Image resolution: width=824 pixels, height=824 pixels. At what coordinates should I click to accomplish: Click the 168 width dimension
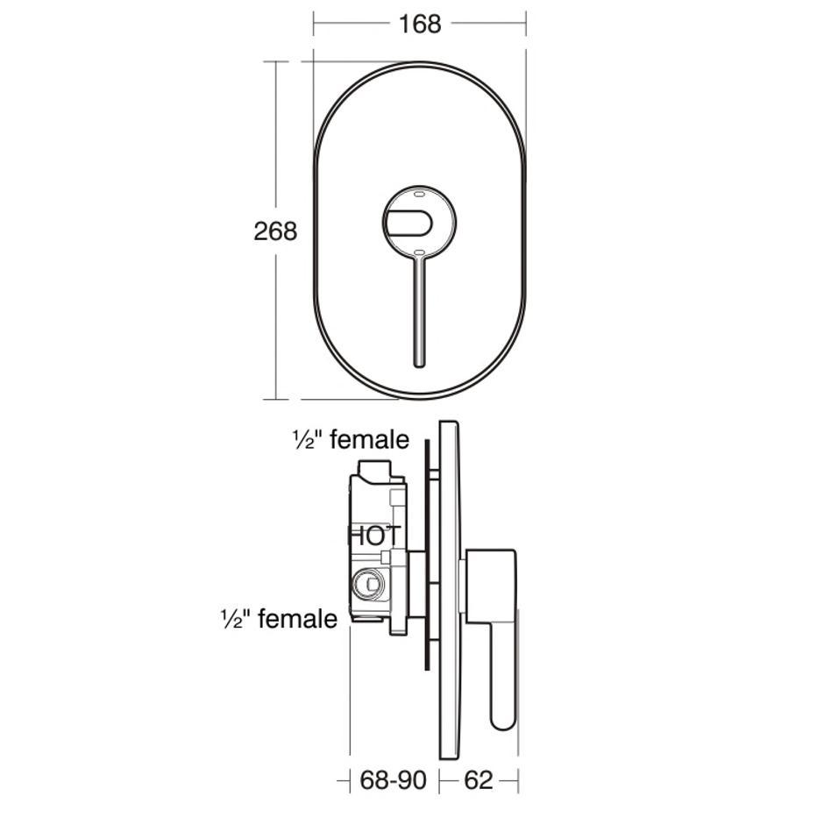tap(420, 25)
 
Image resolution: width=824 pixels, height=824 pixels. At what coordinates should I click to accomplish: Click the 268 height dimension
tap(275, 231)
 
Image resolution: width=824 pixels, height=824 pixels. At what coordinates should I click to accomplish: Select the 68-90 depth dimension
tap(393, 780)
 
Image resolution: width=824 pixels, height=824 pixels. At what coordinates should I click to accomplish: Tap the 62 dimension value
tap(479, 780)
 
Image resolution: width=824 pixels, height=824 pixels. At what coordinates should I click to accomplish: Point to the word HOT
tap(375, 536)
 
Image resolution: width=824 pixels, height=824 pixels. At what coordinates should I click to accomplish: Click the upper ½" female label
tap(351, 439)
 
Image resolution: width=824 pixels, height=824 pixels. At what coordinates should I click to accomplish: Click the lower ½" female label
tap(279, 619)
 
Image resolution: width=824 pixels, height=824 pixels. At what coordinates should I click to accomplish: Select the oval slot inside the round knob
tap(408, 223)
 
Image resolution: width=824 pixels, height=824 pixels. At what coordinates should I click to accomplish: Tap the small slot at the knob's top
tap(419, 194)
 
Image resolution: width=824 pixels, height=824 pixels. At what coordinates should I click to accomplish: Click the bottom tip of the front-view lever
tap(419, 366)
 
